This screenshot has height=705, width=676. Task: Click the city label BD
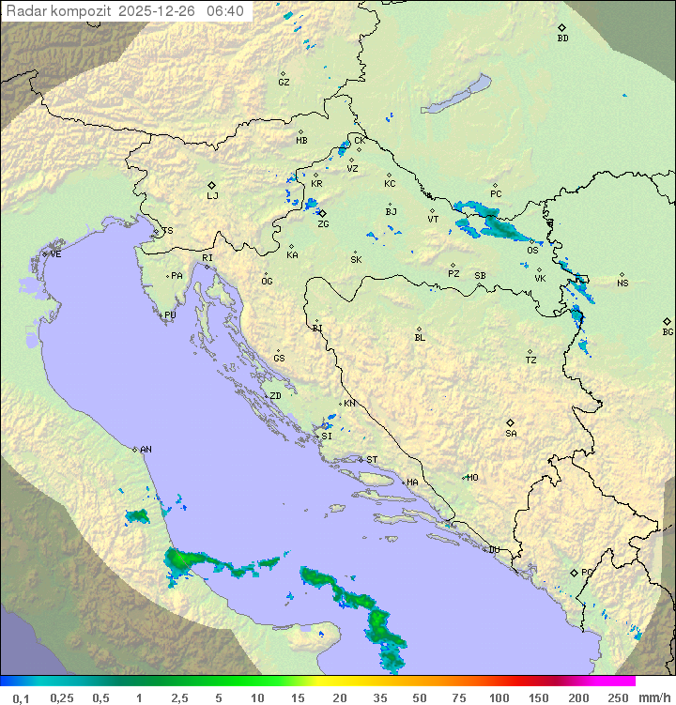tap(562, 38)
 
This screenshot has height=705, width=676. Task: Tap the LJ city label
tap(212, 196)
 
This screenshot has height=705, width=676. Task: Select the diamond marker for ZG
tap(322, 213)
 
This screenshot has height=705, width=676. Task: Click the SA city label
tap(511, 434)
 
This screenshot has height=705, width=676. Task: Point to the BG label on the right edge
tap(668, 332)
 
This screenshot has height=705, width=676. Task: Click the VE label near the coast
tap(55, 254)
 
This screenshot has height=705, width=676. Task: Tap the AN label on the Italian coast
tap(146, 450)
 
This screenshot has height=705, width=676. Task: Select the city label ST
tap(372, 460)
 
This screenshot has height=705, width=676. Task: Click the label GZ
tap(284, 83)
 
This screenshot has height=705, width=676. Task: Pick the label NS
tap(622, 284)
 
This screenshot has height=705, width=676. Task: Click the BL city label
tap(420, 338)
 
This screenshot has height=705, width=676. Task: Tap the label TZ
tap(531, 360)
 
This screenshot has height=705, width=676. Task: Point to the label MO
tap(472, 478)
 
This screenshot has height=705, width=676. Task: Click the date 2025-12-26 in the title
tap(159, 11)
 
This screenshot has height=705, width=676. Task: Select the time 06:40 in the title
tap(224, 11)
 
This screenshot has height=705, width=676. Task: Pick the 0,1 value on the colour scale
tap(21, 697)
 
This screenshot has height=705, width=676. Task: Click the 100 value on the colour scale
tap(499, 697)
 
